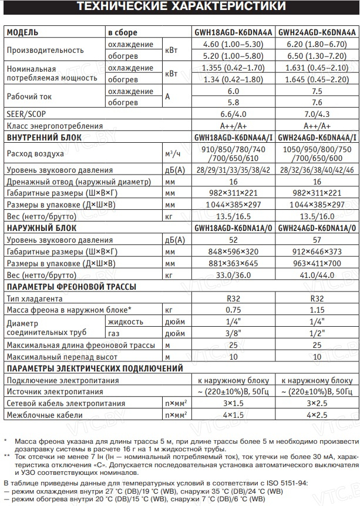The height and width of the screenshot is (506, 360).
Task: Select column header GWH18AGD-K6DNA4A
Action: (233, 32)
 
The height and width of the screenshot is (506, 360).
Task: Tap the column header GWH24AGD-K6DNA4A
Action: (317, 32)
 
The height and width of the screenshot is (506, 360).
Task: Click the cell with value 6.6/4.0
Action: (233, 114)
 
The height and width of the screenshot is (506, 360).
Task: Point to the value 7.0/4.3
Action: (317, 114)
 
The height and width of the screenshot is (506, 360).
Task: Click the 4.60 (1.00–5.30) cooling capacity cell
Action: (233, 45)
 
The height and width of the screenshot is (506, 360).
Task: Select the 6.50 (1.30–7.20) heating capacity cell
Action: (317, 56)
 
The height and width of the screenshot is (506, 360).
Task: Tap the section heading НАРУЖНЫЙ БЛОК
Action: (40, 227)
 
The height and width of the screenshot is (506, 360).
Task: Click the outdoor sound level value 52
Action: (233, 239)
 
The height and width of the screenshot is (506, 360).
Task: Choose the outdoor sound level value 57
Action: (317, 239)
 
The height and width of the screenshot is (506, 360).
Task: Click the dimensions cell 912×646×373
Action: (317, 251)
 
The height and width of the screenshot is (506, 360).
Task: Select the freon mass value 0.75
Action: (233, 310)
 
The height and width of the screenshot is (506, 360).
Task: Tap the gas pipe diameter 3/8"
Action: (233, 333)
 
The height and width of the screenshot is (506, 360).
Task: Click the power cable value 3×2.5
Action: (317, 403)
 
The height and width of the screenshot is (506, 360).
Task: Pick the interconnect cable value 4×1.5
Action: (233, 415)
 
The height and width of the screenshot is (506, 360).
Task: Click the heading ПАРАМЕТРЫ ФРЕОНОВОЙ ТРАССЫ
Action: (71, 286)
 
